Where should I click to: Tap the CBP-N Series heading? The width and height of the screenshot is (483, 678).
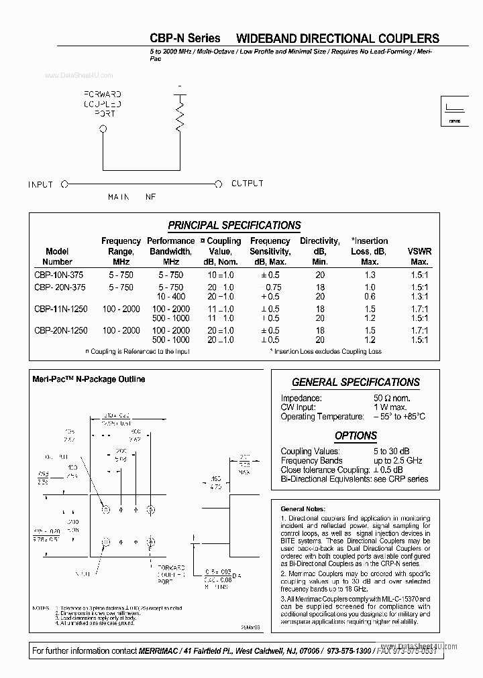[184, 38]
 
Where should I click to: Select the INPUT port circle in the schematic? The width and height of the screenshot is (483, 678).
[64, 184]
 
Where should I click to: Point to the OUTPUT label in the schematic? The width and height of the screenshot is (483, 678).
[247, 184]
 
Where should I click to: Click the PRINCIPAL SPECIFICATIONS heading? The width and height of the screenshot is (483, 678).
[234, 225]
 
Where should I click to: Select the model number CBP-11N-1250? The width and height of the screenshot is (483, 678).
[60, 309]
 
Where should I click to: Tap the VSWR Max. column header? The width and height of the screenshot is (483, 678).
[419, 257]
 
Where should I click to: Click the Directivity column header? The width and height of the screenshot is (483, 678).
[320, 251]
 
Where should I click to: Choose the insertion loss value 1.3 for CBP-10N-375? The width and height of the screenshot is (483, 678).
[369, 275]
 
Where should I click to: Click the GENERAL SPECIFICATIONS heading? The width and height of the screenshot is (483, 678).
[356, 382]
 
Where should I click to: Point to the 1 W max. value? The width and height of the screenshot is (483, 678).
[390, 407]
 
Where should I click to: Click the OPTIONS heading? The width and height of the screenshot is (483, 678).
[356, 435]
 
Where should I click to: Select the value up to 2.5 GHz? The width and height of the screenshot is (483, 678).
[398, 461]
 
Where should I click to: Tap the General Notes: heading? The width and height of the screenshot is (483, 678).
[304, 509]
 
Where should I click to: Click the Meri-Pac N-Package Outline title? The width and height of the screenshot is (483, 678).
[89, 379]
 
